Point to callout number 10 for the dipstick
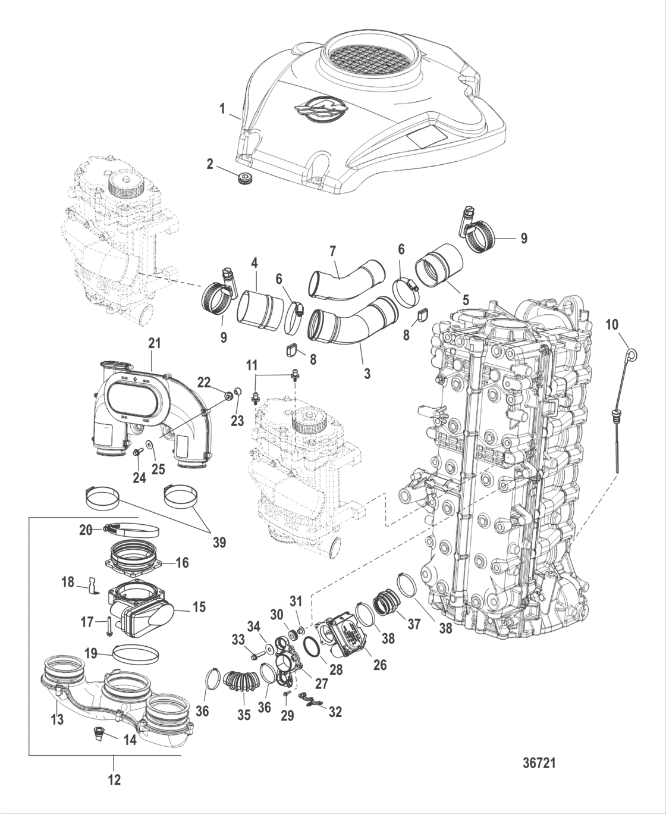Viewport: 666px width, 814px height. tap(612, 325)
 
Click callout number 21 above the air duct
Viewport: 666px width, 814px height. tap(155, 343)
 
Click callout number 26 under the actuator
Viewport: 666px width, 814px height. tap(380, 665)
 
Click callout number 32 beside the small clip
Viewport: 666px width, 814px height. tap(335, 712)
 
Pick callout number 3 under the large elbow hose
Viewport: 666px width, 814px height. tap(367, 373)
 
